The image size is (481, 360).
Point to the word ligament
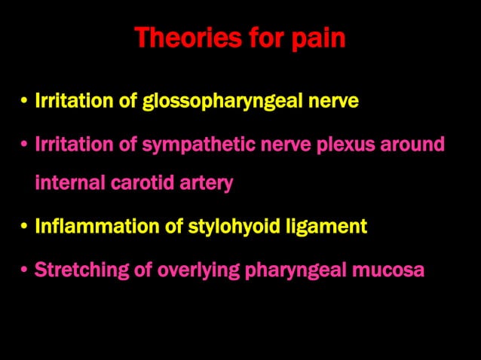click(x=329, y=226)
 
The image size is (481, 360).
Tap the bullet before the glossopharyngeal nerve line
click(x=25, y=102)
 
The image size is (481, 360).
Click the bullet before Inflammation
click(x=25, y=227)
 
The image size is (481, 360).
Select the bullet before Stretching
click(x=25, y=270)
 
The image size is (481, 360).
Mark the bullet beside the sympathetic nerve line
click(x=25, y=145)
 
